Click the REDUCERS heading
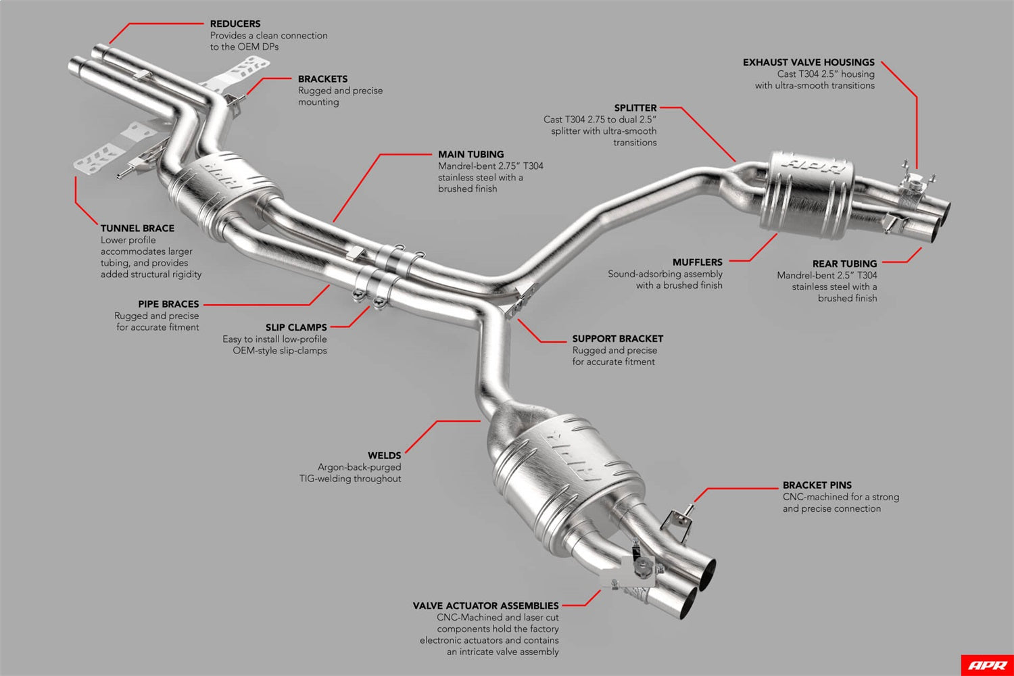(235, 24)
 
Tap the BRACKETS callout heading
(322, 79)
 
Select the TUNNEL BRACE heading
(137, 228)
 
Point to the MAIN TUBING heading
(470, 154)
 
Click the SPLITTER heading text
(635, 108)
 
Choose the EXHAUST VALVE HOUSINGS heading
(808, 62)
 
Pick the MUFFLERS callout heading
(697, 262)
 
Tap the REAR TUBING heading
(844, 264)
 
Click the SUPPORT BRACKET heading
(617, 339)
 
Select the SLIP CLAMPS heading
(295, 328)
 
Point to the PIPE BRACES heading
(168, 304)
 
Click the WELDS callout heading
(384, 456)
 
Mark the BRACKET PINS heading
(817, 485)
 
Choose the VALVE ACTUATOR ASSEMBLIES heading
(485, 606)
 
